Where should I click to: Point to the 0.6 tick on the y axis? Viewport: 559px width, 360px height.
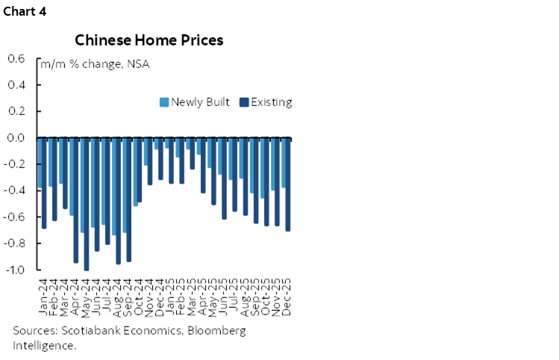pyautogui.click(x=16, y=59)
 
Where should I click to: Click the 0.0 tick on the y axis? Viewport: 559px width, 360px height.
pyautogui.click(x=16, y=138)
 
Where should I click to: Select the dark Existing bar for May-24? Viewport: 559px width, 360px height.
pyautogui.click(x=87, y=203)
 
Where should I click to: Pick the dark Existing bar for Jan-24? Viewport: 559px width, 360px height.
pyautogui.click(x=44, y=183)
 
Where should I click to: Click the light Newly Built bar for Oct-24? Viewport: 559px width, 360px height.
pyautogui.click(x=135, y=172)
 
